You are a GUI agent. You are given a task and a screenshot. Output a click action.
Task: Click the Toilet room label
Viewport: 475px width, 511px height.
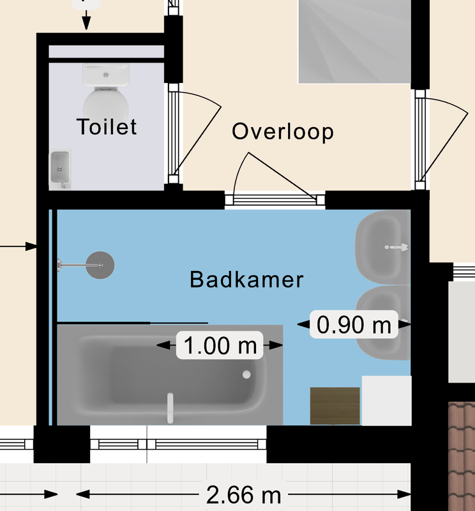[107, 126]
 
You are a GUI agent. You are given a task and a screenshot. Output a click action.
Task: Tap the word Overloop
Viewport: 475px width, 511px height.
[283, 132]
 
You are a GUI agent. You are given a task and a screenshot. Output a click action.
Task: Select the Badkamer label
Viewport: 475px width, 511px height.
[246, 280]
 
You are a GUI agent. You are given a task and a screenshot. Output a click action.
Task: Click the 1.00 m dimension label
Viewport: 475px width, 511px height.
[220, 346]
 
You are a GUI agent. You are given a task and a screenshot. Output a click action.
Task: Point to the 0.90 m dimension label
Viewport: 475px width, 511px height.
[354, 324]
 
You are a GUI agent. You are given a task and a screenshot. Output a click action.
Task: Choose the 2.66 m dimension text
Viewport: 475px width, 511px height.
[243, 494]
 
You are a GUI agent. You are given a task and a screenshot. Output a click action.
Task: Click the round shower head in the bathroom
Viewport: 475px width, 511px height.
[100, 265]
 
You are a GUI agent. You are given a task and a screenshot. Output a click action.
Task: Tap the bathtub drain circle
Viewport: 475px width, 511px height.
[246, 375]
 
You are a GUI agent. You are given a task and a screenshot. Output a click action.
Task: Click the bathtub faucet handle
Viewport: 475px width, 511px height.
[170, 408]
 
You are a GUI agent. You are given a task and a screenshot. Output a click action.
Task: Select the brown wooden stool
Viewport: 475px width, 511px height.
[335, 406]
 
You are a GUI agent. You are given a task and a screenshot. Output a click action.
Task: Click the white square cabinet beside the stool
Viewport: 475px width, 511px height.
[387, 400]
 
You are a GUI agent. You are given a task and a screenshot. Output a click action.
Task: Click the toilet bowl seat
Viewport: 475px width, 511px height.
[106, 104]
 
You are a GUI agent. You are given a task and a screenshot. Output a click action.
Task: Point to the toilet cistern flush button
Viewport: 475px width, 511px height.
[106, 75]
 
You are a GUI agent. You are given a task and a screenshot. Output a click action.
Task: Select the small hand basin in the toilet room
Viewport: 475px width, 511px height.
[60, 169]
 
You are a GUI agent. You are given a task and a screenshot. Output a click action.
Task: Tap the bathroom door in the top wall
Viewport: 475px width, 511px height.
[275, 199]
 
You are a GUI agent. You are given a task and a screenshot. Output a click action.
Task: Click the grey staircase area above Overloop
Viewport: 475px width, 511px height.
[354, 42]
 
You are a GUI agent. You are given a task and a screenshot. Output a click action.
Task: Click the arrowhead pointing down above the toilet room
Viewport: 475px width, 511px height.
[86, 24]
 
